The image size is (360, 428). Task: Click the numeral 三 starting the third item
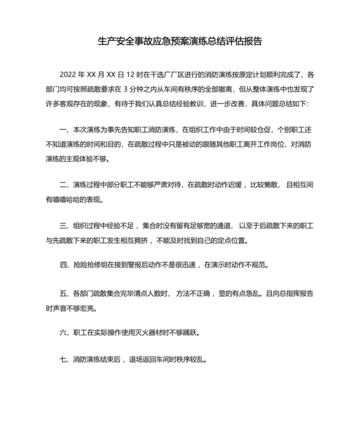[x=64, y=226]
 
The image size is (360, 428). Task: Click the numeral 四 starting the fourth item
[x=64, y=265]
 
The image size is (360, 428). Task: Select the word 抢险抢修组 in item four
[x=91, y=265]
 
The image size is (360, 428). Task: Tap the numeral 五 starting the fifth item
[x=64, y=293]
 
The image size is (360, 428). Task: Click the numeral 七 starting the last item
[x=64, y=359]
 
